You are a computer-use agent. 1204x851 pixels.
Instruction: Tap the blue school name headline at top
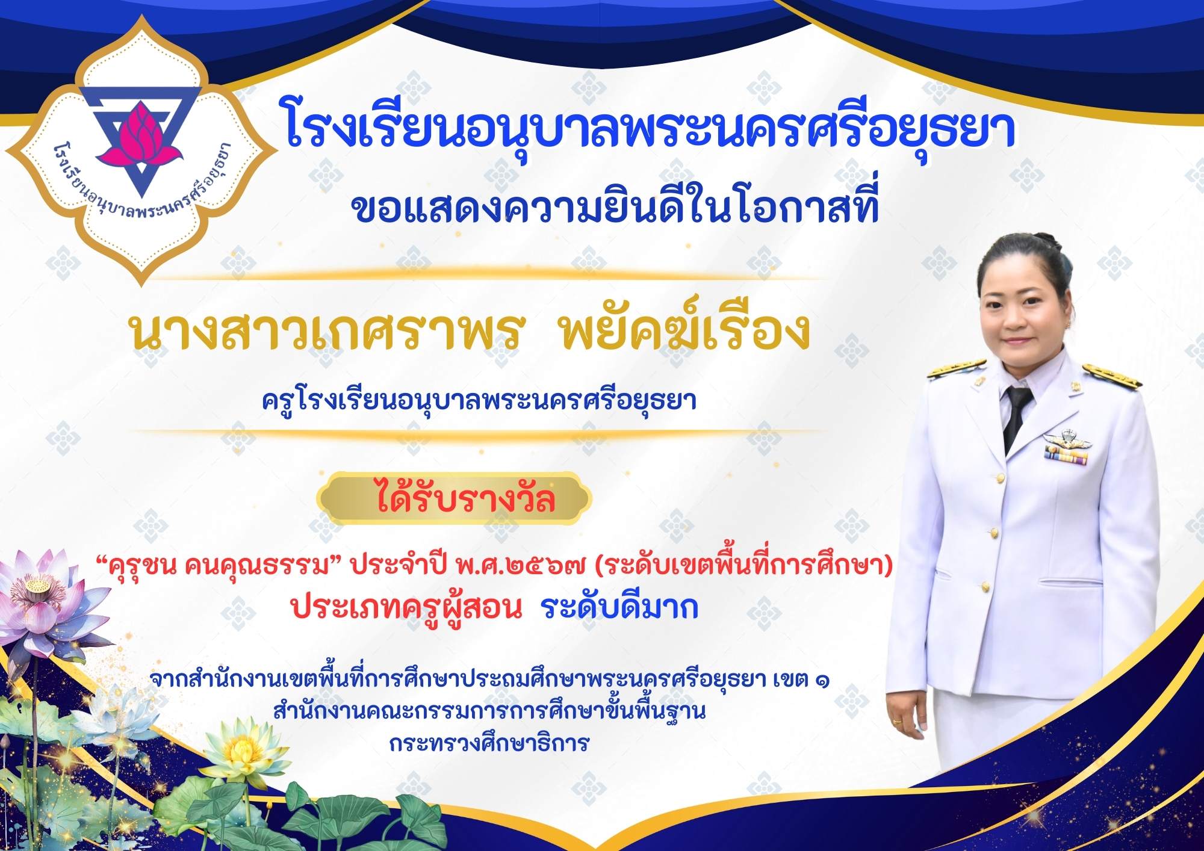tap(651, 128)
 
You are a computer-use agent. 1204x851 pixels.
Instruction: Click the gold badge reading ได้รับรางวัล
tap(455, 498)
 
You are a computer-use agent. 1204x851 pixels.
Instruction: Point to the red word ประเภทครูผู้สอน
tap(406, 608)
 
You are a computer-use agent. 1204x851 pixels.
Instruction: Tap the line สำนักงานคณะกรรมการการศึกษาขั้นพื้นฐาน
tap(489, 711)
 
